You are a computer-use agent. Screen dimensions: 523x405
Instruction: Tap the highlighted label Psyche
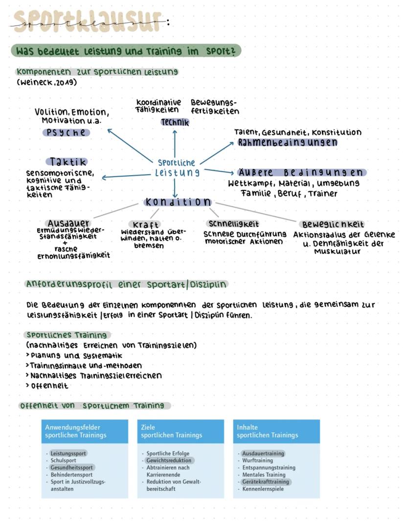(x=66, y=133)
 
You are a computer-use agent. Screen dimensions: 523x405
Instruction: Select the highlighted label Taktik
(x=68, y=161)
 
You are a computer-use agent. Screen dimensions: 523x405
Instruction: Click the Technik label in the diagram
(x=175, y=123)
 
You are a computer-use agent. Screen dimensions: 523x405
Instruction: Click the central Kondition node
(x=178, y=202)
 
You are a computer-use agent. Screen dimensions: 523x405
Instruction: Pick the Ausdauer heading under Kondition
(x=68, y=223)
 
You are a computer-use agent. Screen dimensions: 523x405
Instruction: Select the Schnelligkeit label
(x=234, y=224)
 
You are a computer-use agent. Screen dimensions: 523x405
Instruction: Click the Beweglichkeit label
(x=333, y=225)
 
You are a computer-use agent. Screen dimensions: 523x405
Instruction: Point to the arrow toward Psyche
(x=130, y=145)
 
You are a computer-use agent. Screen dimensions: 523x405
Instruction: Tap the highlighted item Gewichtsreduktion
(x=169, y=460)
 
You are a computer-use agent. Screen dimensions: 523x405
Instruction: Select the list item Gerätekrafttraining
(x=266, y=482)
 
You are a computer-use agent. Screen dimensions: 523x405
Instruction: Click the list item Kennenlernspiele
(x=263, y=489)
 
